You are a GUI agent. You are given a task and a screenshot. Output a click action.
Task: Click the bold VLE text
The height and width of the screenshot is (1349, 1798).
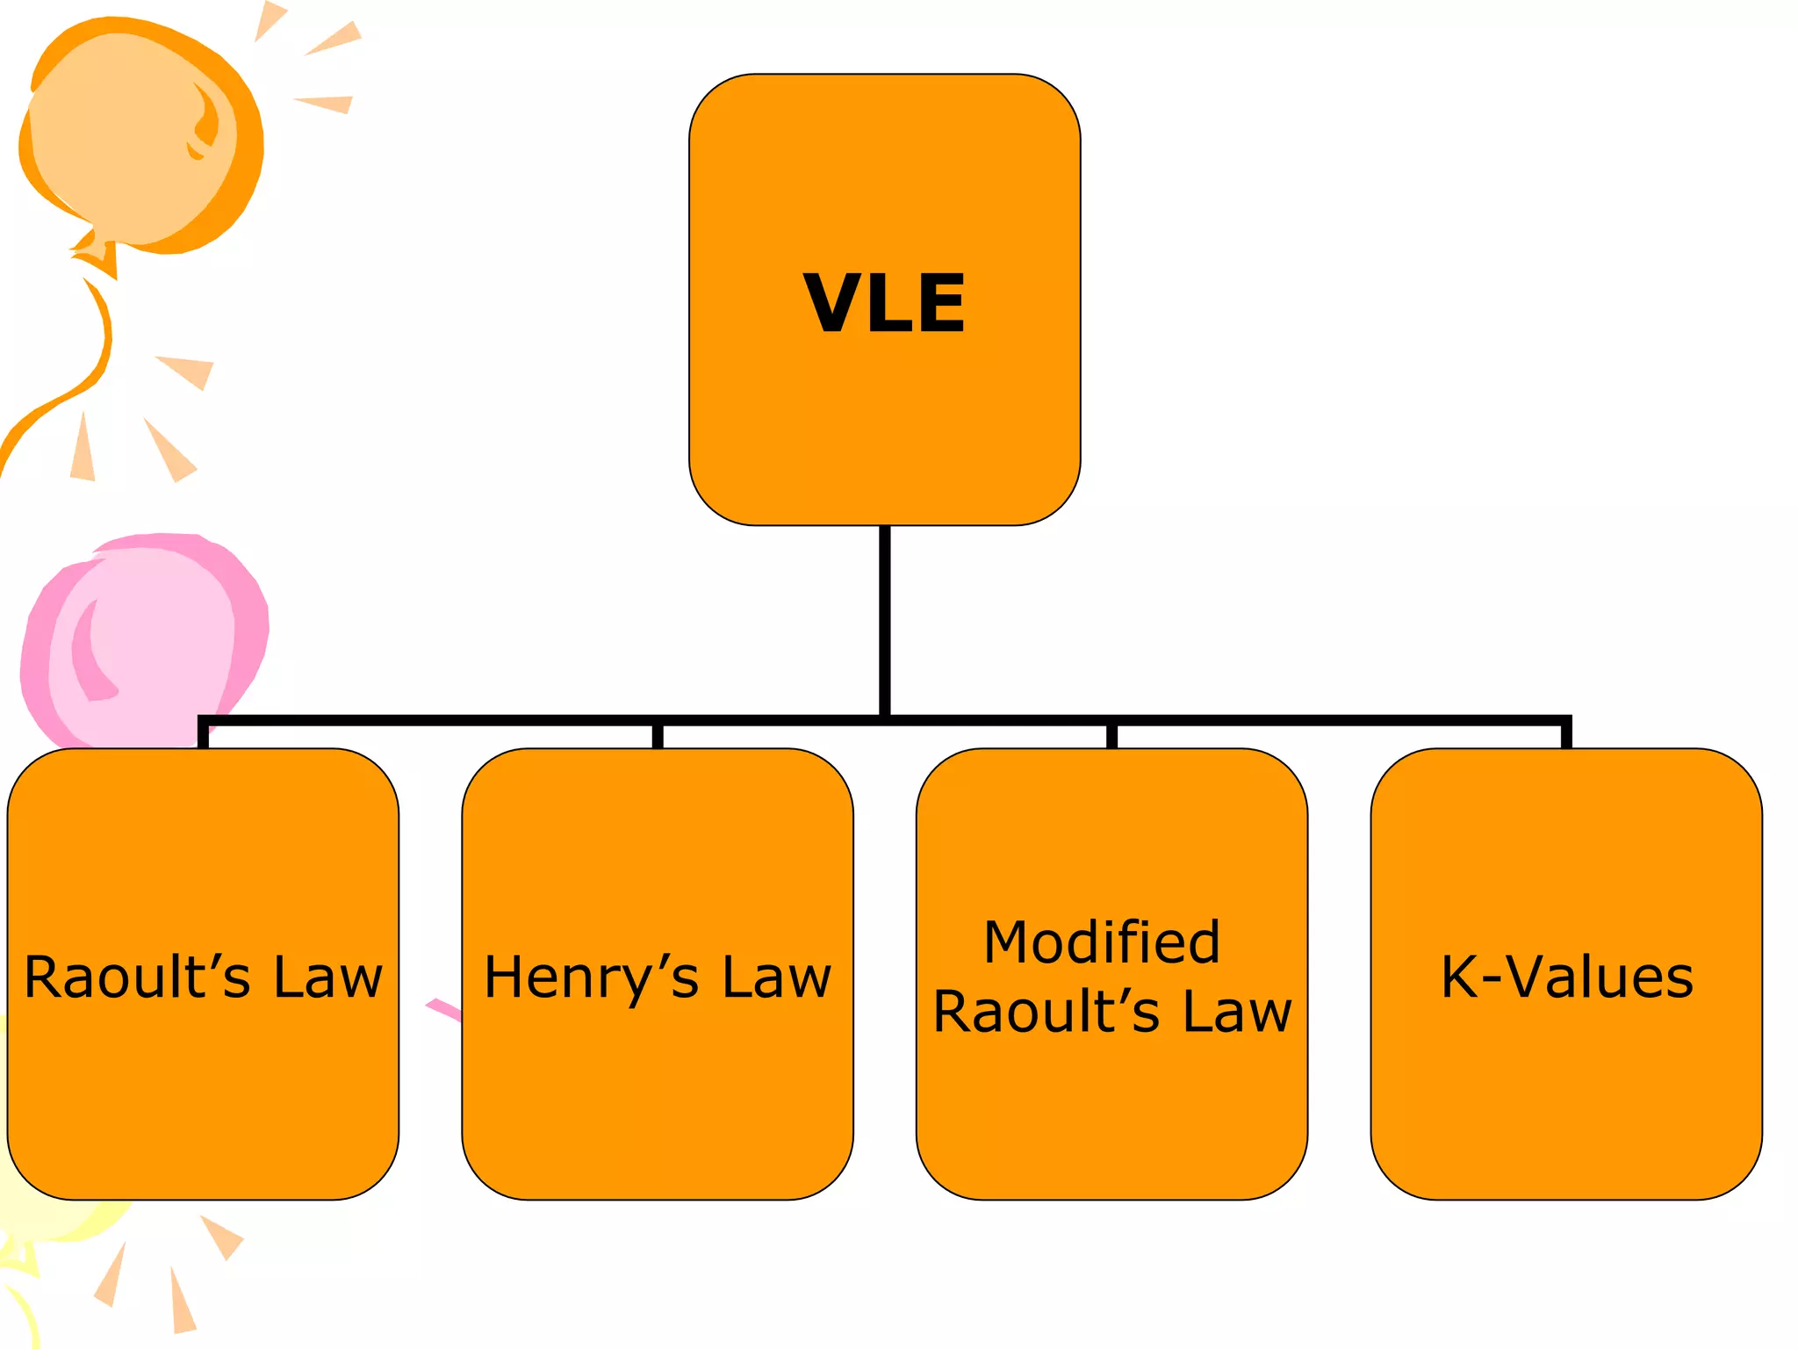click(884, 303)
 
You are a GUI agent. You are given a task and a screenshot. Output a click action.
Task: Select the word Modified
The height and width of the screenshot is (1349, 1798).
click(1102, 942)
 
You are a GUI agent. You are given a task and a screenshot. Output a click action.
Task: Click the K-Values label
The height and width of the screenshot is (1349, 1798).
click(1567, 977)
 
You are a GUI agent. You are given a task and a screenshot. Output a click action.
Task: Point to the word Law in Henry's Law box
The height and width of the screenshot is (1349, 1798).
click(776, 977)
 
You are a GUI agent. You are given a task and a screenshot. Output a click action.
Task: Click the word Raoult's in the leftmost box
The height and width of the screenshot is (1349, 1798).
click(137, 977)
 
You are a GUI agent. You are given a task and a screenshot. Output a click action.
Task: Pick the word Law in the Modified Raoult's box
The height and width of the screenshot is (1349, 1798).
click(1237, 1012)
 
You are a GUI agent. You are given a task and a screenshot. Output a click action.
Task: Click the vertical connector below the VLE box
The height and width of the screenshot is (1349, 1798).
click(884, 619)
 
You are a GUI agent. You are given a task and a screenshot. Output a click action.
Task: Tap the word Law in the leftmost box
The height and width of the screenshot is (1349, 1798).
click(327, 977)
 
